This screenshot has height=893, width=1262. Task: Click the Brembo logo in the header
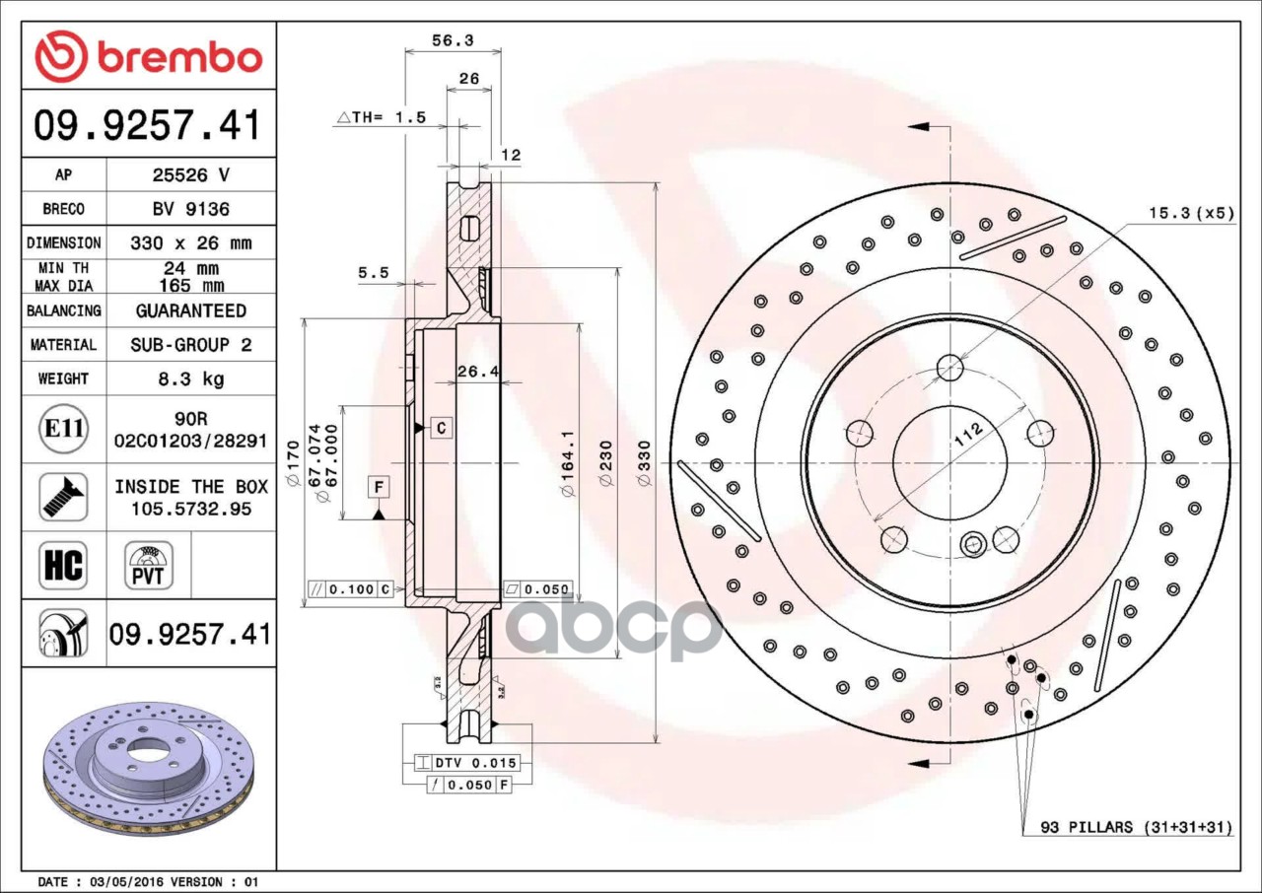click(x=149, y=56)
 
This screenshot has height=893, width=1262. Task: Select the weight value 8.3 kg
click(x=189, y=378)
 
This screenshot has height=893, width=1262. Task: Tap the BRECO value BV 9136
click(x=189, y=209)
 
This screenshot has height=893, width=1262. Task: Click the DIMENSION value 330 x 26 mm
click(x=189, y=242)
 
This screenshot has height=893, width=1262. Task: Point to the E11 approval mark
click(x=63, y=430)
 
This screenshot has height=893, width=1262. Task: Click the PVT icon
click(x=149, y=566)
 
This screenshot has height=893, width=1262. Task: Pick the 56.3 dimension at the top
click(x=453, y=40)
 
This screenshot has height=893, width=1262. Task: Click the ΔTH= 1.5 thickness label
click(x=382, y=117)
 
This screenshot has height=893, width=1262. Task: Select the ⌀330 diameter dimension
click(x=644, y=463)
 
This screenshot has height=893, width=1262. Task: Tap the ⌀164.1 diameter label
click(x=567, y=463)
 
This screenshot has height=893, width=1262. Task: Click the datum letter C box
click(x=441, y=428)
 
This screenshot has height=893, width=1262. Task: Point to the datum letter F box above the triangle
click(x=379, y=486)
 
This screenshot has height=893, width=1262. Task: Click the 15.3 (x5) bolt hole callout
click(x=1190, y=212)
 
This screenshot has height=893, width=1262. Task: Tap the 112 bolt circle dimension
click(x=969, y=436)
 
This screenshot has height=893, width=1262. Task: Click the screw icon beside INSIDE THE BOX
click(x=63, y=497)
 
